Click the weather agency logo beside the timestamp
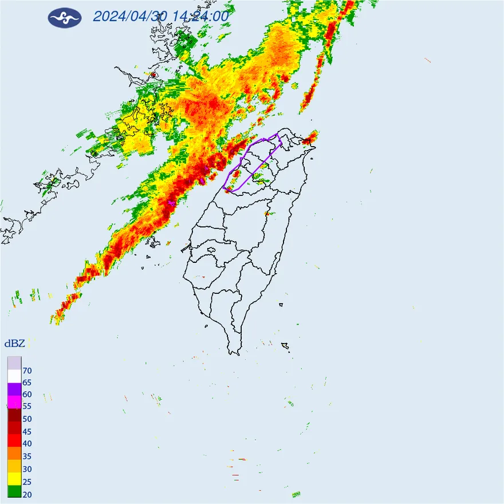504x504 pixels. tap(65, 18)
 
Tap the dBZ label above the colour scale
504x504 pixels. tap(14, 344)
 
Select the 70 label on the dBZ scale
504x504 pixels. tap(27, 371)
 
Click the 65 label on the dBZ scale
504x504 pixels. tap(27, 383)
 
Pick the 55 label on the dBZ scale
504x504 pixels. tap(27, 407)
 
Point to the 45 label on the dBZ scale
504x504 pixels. tap(27, 431)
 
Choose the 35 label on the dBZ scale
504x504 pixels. tap(27, 456)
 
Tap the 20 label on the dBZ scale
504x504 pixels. tap(27, 493)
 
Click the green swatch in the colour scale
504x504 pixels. tap(14, 491)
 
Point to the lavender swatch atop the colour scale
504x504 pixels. tap(14, 363)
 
